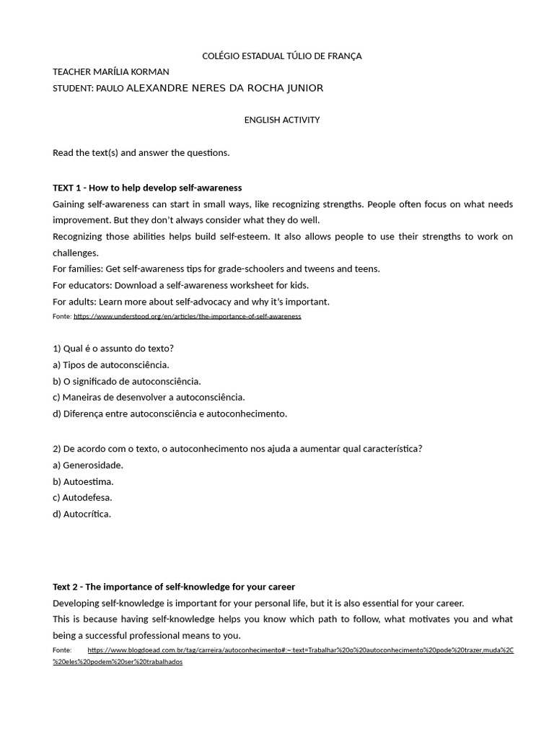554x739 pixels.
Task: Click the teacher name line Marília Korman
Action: tap(111, 71)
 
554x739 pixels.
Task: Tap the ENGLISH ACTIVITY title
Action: tap(282, 120)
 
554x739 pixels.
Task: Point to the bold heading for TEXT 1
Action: tap(147, 188)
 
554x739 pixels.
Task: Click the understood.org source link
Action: tap(187, 316)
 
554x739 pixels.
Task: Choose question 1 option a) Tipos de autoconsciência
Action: tap(111, 364)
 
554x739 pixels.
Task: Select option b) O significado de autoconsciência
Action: tap(127, 381)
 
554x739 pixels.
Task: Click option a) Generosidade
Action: tap(88, 465)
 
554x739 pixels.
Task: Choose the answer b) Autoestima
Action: tap(83, 481)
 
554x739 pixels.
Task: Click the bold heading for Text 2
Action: tap(174, 587)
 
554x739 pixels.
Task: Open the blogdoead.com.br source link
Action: tap(300, 650)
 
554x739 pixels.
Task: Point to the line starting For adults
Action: tap(191, 302)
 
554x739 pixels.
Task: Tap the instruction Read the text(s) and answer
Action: tap(141, 152)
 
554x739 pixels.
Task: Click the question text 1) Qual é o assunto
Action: tap(113, 348)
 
